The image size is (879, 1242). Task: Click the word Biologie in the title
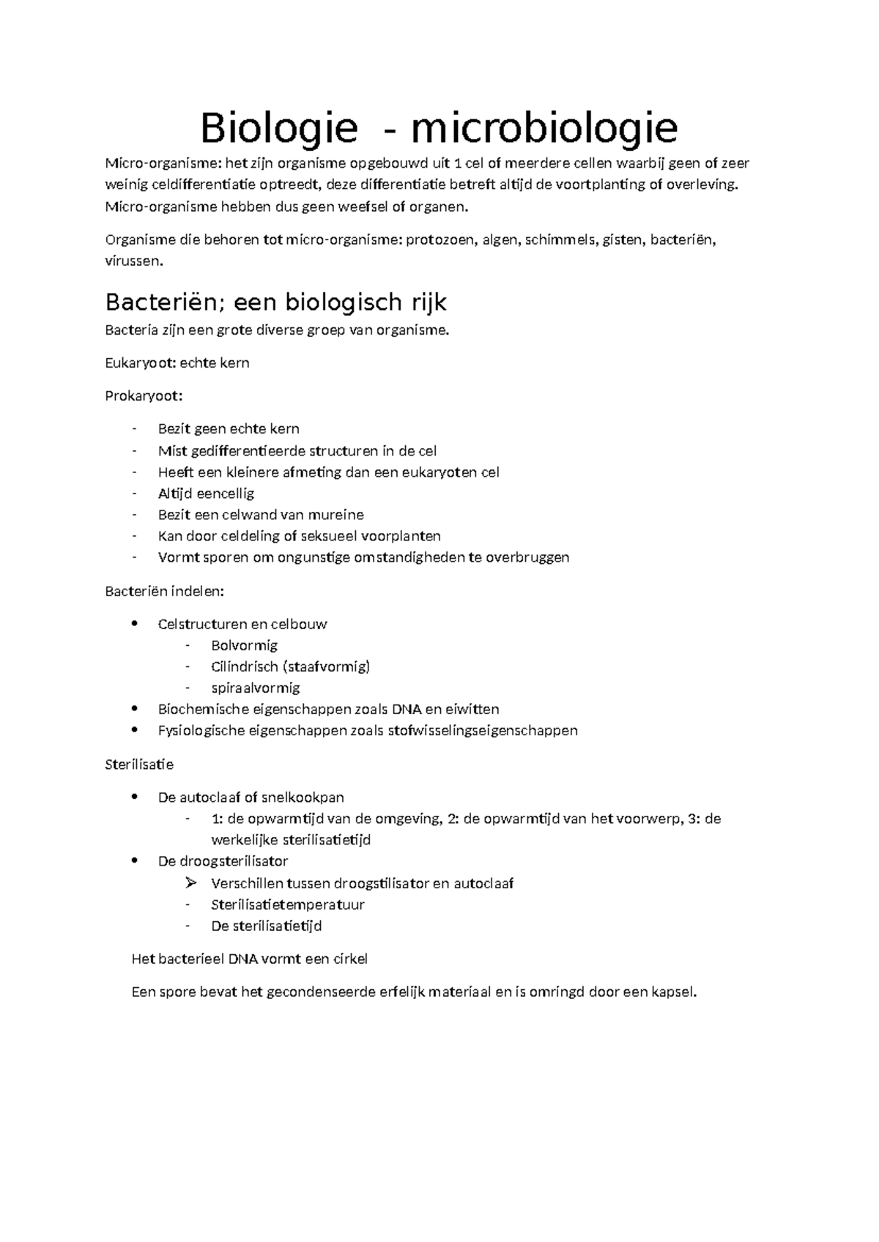pos(279,129)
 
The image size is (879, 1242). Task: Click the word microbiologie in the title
pos(544,129)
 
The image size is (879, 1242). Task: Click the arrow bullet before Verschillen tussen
pos(192,883)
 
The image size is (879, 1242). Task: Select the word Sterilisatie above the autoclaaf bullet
pos(139,765)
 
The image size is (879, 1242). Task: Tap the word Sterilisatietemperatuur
pos(288,905)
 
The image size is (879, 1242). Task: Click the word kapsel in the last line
pos(672,993)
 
